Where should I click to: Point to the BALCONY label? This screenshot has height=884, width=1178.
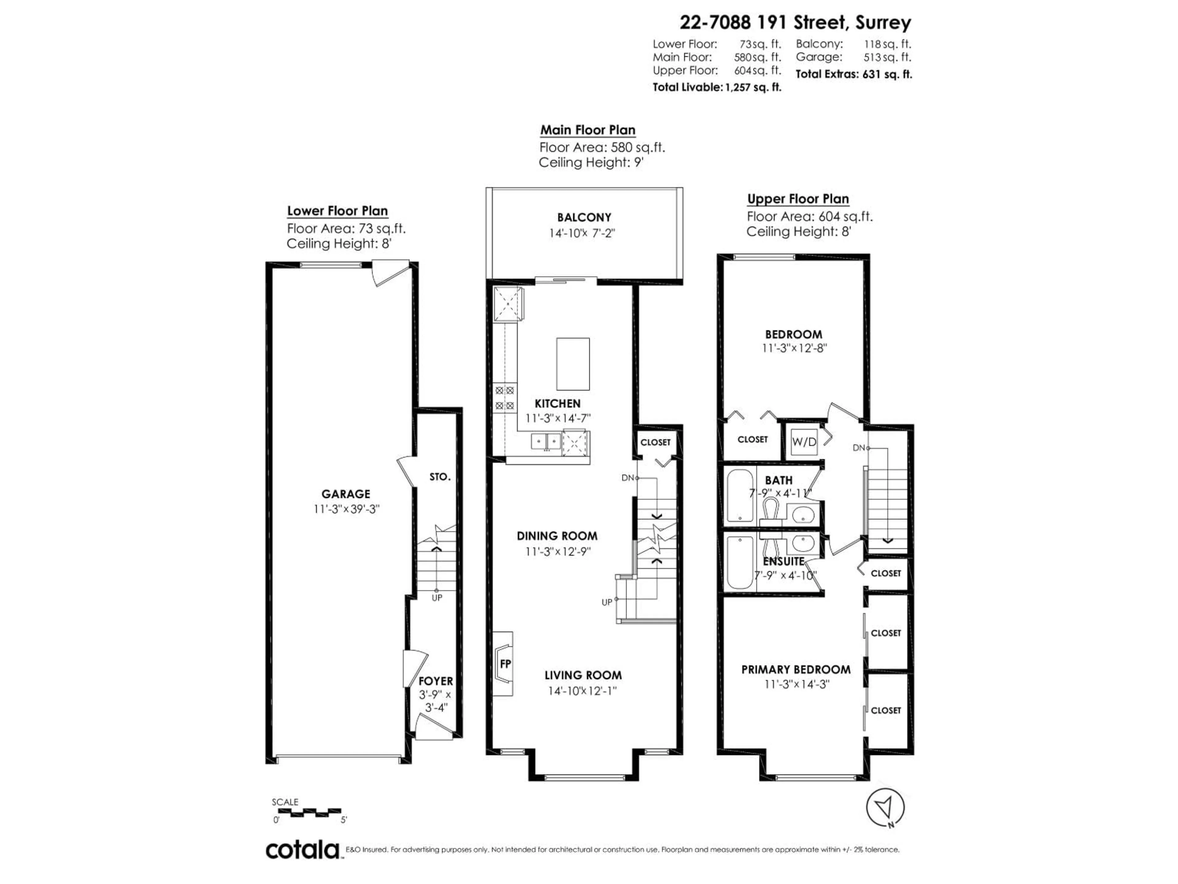pyautogui.click(x=584, y=217)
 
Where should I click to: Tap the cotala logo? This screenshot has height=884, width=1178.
pyautogui.click(x=302, y=850)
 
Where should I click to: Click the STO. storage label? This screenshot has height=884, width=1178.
pyautogui.click(x=440, y=477)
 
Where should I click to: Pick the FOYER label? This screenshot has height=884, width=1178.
pyautogui.click(x=436, y=681)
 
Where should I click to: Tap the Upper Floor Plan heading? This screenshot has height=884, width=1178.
pyautogui.click(x=798, y=199)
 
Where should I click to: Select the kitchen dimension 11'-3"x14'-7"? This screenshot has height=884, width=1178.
pyautogui.click(x=558, y=418)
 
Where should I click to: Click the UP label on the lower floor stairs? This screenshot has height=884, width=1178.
pyautogui.click(x=437, y=598)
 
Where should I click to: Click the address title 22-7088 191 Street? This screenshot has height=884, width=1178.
pyautogui.click(x=795, y=22)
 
